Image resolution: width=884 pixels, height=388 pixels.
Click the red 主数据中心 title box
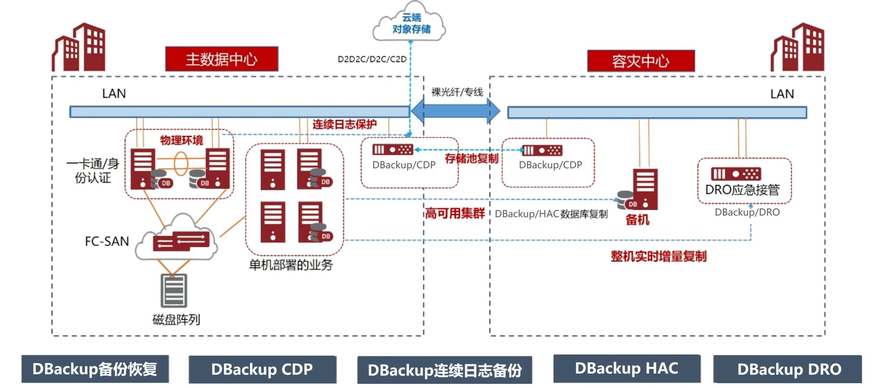(222, 59)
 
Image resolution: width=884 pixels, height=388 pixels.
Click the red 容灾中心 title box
(641, 61)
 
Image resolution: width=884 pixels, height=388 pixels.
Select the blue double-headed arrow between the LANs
(455, 111)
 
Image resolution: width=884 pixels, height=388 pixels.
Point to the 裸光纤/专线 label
(457, 92)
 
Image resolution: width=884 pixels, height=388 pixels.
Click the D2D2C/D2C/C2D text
(372, 59)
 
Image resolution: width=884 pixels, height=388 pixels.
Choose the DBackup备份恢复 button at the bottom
(95, 369)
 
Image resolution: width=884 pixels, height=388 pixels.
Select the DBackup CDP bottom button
(262, 369)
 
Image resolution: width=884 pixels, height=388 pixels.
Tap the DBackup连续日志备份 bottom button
(444, 370)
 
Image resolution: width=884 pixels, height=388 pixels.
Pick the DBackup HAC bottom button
(626, 368)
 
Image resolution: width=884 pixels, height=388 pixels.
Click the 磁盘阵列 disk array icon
(174, 290)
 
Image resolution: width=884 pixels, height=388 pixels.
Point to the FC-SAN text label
(107, 241)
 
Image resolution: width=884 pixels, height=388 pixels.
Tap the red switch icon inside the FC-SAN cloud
(181, 241)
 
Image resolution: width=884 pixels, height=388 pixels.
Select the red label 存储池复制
(471, 159)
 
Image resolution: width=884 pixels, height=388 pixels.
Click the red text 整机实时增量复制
(658, 256)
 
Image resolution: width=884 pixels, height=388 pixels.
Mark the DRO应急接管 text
(742, 190)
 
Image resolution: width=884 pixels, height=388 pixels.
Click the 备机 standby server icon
(644, 189)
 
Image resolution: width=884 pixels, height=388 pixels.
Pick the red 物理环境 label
(182, 140)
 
